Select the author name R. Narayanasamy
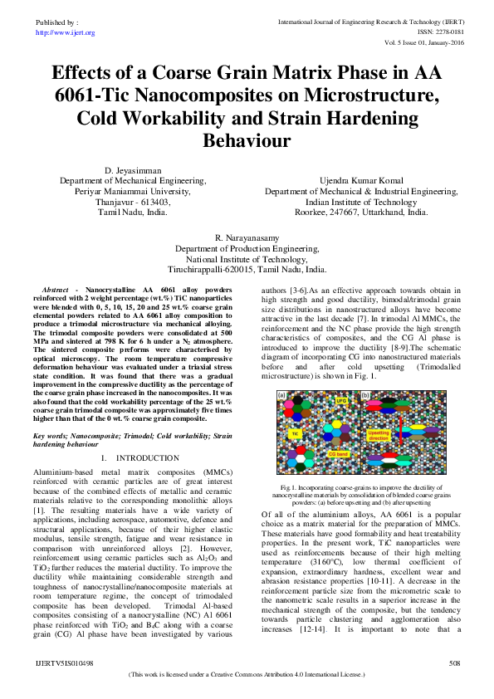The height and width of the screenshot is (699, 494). [247, 237]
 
